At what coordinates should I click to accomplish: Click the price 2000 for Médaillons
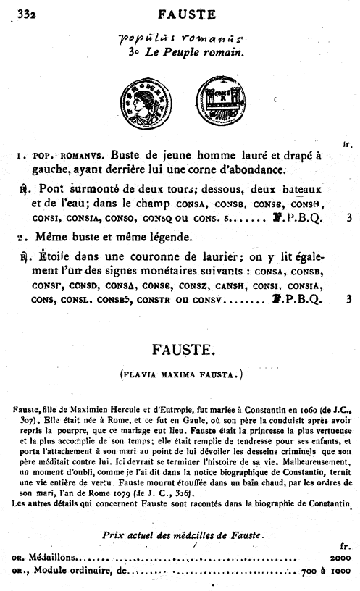coord(339,558)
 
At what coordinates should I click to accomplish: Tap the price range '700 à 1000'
coord(325,572)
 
